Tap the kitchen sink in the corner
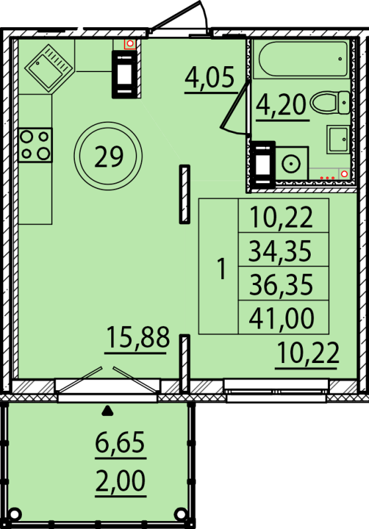point(49,68)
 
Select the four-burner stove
point(35,145)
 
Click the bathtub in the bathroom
point(303,59)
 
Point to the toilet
point(330,102)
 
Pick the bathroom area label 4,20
point(281,104)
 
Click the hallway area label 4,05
point(209,77)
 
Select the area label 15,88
point(138,337)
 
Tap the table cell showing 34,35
point(284,250)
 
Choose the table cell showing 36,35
point(284,284)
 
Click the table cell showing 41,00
point(284,317)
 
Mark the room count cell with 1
point(219,266)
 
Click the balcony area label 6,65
point(120,442)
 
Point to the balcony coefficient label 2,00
point(121,481)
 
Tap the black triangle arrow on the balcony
point(107,410)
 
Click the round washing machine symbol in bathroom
point(291,164)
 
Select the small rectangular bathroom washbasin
point(338,140)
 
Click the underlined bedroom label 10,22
point(307,352)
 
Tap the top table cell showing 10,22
point(284,216)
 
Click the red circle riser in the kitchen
point(130,44)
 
